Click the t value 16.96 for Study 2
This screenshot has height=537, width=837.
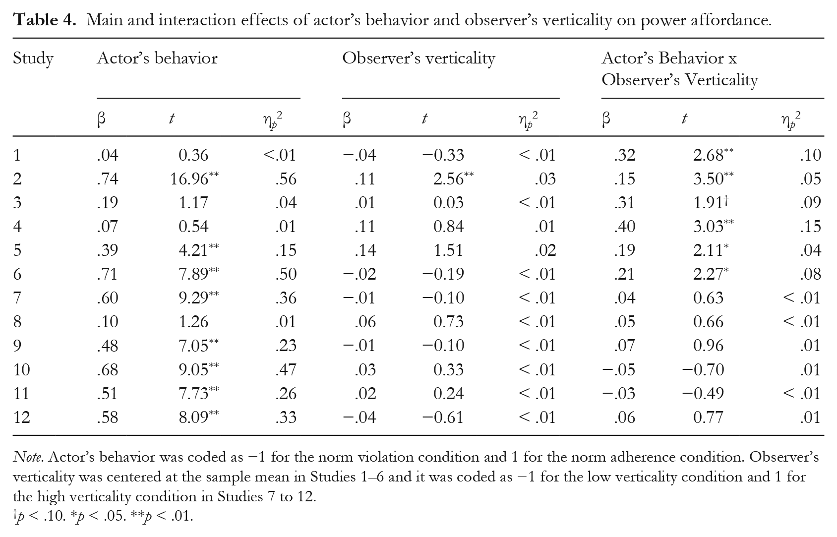(x=189, y=179)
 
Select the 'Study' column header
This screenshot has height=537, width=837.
(x=33, y=59)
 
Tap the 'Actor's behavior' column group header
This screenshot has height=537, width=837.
(x=157, y=59)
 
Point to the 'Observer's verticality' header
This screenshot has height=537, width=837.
(x=418, y=59)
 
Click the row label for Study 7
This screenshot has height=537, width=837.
(x=17, y=298)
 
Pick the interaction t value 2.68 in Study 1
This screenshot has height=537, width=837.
(x=708, y=155)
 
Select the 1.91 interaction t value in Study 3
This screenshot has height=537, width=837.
(x=708, y=202)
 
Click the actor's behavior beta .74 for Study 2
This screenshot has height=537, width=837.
(x=108, y=179)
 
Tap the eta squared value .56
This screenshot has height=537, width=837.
(x=286, y=179)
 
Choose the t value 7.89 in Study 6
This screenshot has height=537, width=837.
(x=193, y=274)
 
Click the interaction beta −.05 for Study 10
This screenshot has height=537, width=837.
(x=618, y=369)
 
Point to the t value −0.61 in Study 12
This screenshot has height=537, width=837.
(x=443, y=417)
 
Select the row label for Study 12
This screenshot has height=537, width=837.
(x=21, y=417)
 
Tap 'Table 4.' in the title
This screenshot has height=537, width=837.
(x=45, y=20)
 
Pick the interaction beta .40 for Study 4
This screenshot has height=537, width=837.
(x=624, y=227)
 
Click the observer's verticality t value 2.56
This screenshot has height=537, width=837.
(x=448, y=179)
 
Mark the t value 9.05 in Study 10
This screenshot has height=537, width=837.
(x=193, y=369)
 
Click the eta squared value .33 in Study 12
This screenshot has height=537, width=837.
(x=286, y=417)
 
